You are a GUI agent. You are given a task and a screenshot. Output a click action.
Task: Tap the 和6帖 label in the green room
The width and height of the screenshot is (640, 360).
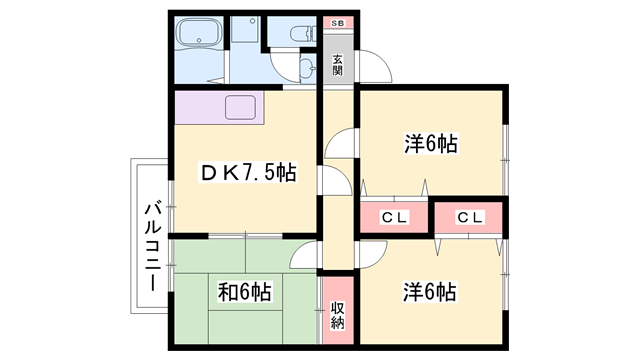coord(245,292)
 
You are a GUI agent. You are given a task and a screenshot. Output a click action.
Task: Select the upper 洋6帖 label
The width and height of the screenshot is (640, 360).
coord(430,144)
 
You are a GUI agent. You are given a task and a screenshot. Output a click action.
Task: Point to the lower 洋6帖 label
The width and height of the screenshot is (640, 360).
coord(430,292)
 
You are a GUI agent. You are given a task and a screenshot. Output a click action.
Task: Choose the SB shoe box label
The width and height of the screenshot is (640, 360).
coord(337,22)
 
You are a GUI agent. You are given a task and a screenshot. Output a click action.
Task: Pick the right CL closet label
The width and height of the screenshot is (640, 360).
coord(471,217)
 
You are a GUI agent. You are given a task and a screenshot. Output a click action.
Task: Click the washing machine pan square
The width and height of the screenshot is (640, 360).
coord(245,31)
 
